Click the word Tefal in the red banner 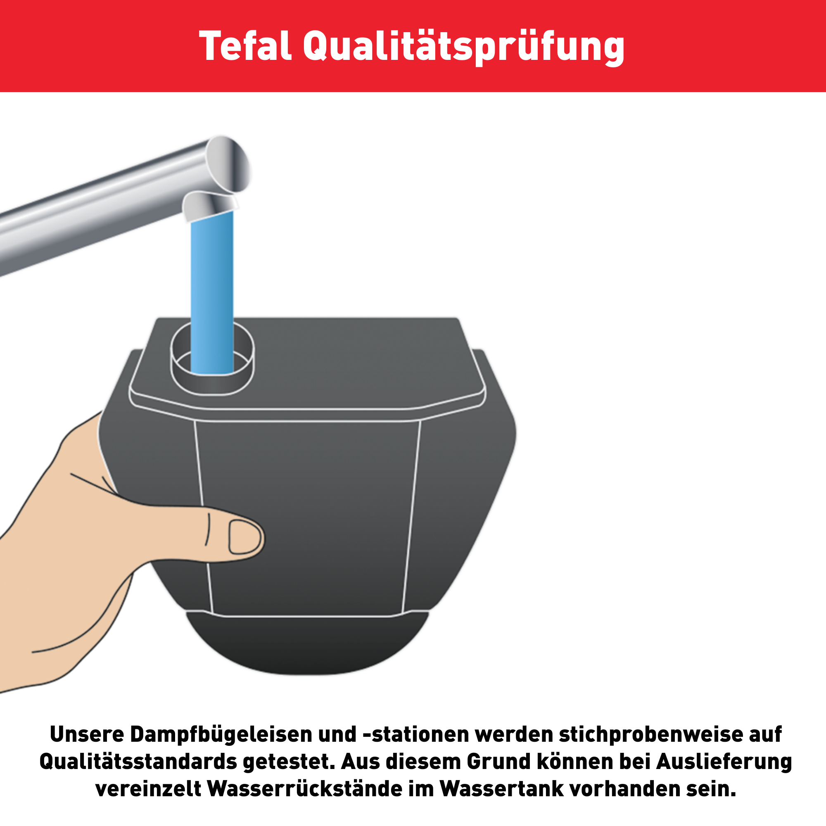[245, 46]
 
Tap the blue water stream [212, 293]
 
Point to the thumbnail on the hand [244, 537]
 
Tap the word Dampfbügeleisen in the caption [222, 734]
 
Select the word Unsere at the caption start [87, 734]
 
